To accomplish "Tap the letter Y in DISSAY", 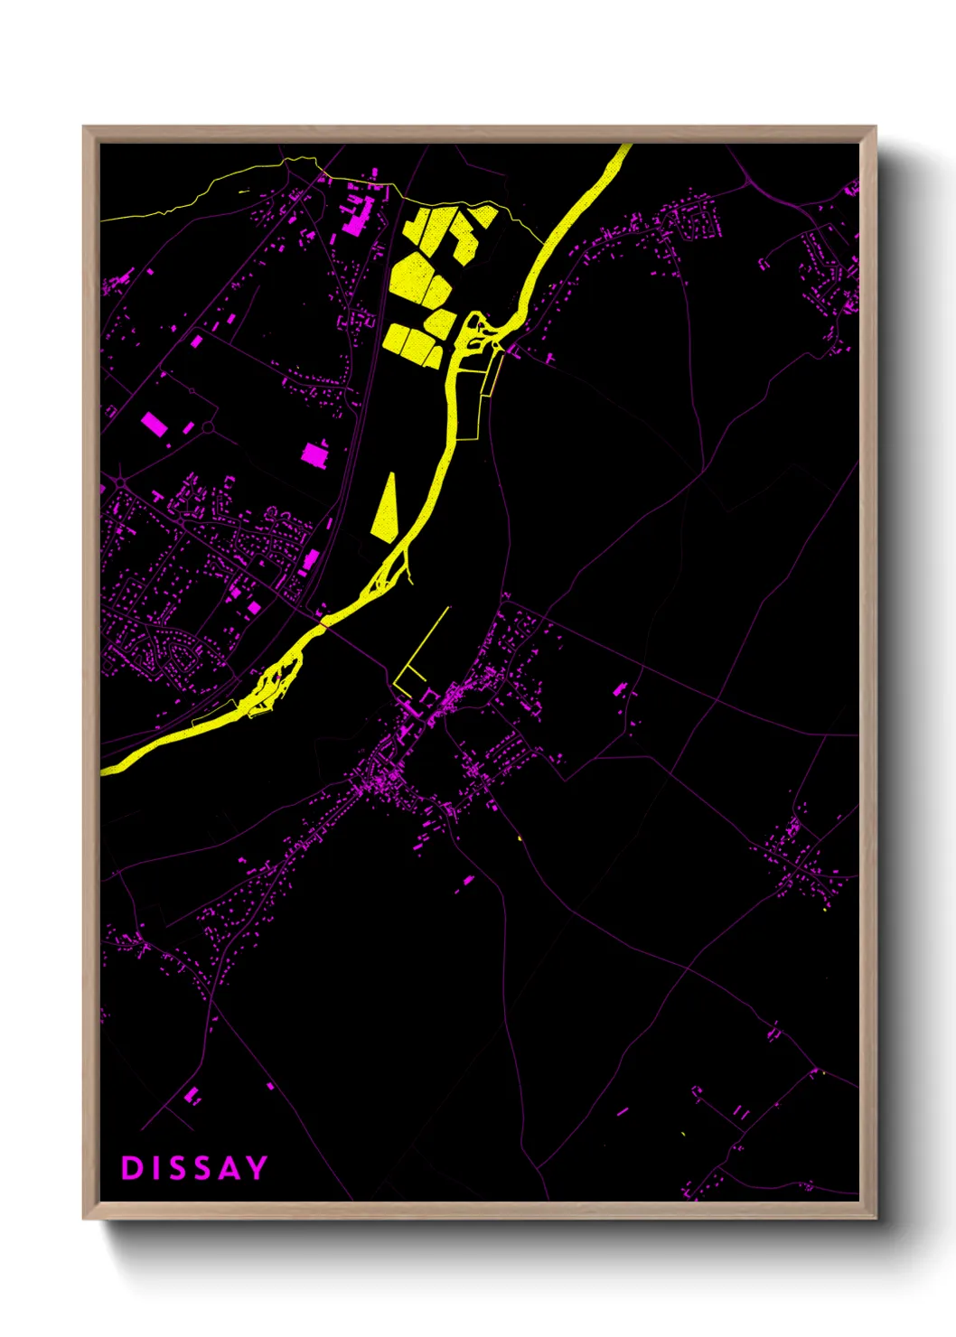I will pyautogui.click(x=257, y=1168).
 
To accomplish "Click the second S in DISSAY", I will pyautogui.click(x=202, y=1168).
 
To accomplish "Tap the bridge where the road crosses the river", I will pyautogui.click(x=323, y=622).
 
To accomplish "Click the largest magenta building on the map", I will pyautogui.click(x=155, y=424).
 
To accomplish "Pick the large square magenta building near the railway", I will pyautogui.click(x=314, y=453).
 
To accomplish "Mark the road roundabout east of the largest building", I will pyautogui.click(x=208, y=426).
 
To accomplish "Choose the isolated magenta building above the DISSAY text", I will pyautogui.click(x=192, y=1096).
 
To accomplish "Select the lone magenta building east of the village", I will pyautogui.click(x=620, y=689).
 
